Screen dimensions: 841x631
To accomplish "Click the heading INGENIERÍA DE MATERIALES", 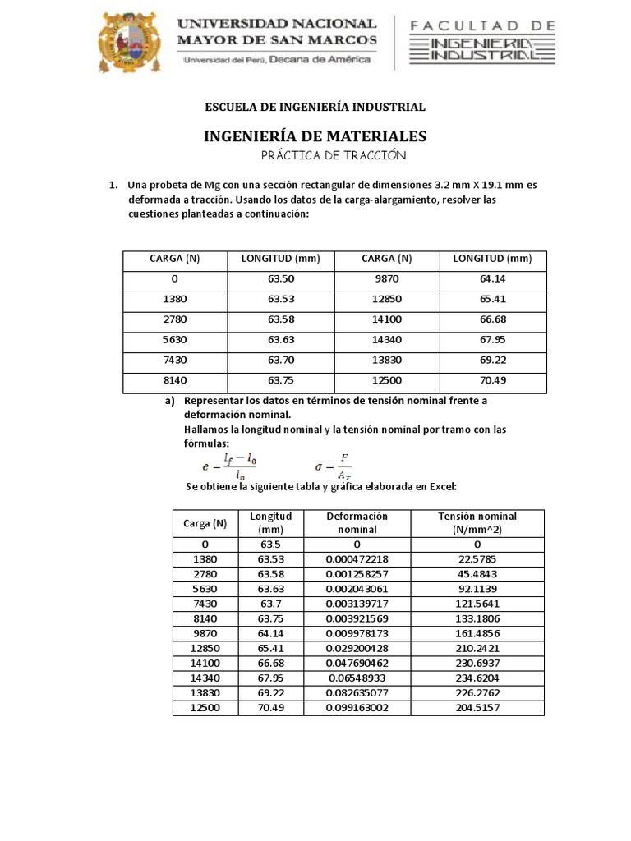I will coord(315,136).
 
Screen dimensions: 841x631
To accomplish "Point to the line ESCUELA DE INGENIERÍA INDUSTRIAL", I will coord(315,107).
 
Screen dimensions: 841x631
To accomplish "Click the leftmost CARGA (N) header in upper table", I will coord(174,259).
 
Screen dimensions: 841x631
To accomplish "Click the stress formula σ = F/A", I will coord(333,466).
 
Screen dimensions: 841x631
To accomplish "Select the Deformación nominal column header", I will coord(357,522).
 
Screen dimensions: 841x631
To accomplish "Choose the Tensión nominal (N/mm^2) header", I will coord(477,522).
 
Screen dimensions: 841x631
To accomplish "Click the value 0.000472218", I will coord(357,559).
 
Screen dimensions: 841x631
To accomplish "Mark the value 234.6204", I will coord(477,678).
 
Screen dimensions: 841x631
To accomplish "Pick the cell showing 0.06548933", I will coord(357,678).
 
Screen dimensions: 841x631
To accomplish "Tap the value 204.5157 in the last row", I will coord(477,708).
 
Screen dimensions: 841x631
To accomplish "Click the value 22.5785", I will coord(477,559).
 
